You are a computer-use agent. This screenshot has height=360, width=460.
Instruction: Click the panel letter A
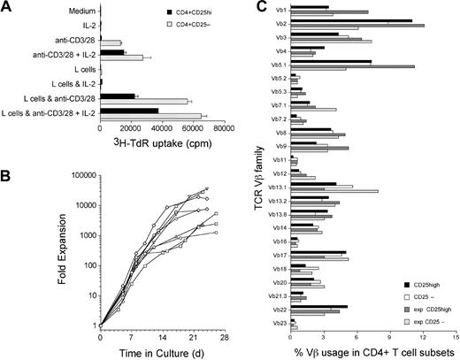pyautogui.click(x=7, y=8)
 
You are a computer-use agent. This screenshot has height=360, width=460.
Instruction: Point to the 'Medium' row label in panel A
pyautogui.click(x=82, y=11)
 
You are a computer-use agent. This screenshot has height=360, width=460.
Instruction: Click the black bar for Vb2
pyautogui.click(x=350, y=20)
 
